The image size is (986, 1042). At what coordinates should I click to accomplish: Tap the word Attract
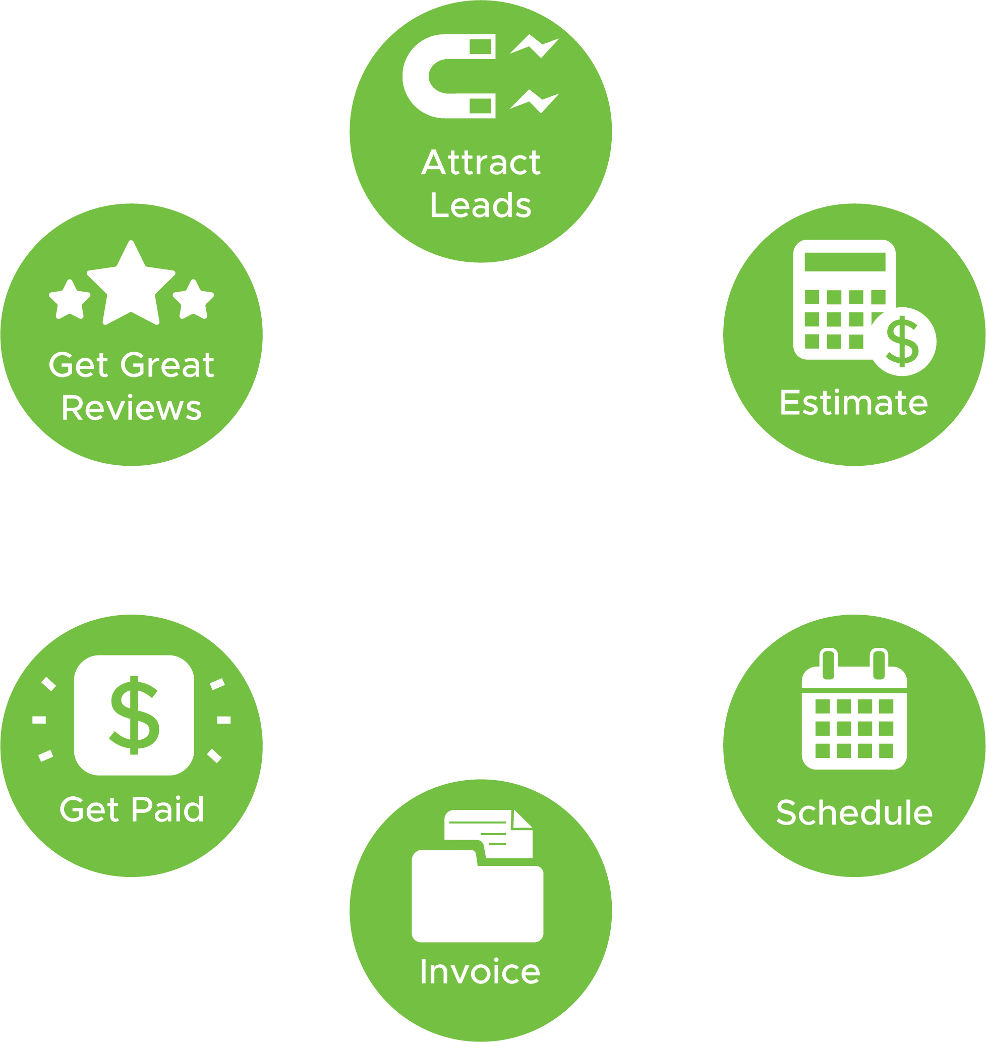(x=481, y=162)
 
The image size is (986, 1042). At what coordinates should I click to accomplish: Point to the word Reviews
(x=132, y=407)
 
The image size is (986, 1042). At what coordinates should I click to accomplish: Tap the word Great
(x=167, y=364)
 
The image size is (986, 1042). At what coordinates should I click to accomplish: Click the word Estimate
(x=854, y=403)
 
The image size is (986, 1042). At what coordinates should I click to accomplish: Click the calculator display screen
(x=845, y=262)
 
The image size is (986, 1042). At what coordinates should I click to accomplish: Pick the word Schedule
(x=854, y=812)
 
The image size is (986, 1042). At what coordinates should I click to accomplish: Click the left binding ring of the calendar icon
(x=828, y=664)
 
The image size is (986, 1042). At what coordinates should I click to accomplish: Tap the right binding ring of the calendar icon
(x=879, y=664)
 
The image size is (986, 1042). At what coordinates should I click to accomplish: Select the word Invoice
(x=480, y=971)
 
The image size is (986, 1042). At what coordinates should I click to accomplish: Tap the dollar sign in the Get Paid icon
(x=134, y=715)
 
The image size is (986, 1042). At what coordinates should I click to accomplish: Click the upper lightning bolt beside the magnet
(x=535, y=46)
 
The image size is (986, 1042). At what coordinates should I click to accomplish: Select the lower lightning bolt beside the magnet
(x=535, y=101)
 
